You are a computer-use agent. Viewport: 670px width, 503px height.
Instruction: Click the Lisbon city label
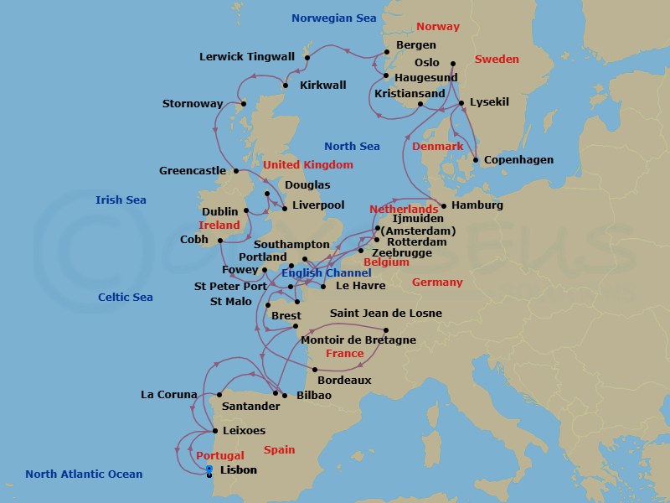pos(238,470)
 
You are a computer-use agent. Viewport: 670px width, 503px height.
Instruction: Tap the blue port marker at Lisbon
pos(209,469)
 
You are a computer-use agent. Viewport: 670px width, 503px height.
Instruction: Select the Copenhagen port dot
pos(476,160)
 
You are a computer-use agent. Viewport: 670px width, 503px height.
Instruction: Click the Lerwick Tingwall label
pos(247,57)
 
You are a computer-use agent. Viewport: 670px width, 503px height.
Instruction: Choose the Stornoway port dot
pos(245,105)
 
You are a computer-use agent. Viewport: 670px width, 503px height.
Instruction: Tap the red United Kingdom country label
pos(308,165)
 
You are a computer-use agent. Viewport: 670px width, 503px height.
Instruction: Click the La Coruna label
pos(169,394)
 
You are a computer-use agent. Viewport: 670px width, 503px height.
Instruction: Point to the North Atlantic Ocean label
pos(84,474)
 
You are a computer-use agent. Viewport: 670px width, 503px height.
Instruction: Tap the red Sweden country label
pos(497,60)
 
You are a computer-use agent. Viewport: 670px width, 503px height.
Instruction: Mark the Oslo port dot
pos(452,63)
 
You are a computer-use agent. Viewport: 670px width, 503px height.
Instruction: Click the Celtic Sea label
pos(126,297)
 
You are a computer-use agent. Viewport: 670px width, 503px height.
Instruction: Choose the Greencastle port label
pos(193,170)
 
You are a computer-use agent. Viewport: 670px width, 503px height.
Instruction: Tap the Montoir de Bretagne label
pos(358,340)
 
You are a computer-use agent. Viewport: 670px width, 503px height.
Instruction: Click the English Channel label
pos(320,272)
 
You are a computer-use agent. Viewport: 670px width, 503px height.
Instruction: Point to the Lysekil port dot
pos(461,103)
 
